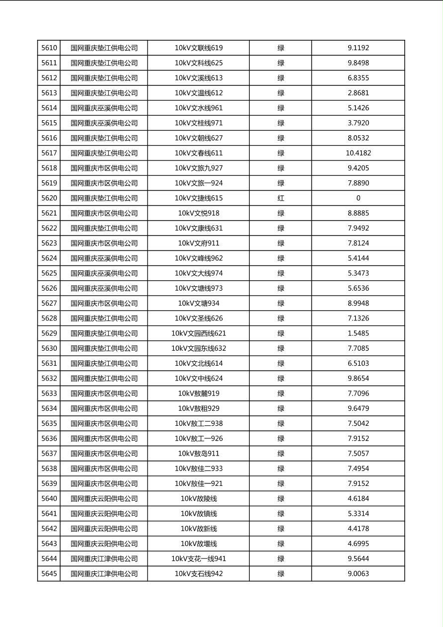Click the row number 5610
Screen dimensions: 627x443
pyautogui.click(x=49, y=48)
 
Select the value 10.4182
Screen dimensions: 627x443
pyautogui.click(x=358, y=153)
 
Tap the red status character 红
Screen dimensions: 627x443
pyautogui.click(x=281, y=198)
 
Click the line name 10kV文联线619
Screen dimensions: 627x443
pyautogui.click(x=199, y=48)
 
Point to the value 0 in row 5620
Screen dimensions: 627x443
pyautogui.click(x=358, y=198)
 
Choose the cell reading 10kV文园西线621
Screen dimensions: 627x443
pyautogui.click(x=199, y=333)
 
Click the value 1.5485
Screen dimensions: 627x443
pyautogui.click(x=358, y=333)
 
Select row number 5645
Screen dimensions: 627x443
pyautogui.click(x=49, y=574)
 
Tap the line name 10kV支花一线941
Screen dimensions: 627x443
pyautogui.click(x=199, y=559)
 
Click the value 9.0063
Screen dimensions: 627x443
pyautogui.click(x=358, y=574)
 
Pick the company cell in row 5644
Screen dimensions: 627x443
pyautogui.click(x=104, y=559)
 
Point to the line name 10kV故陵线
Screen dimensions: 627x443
pyautogui.click(x=199, y=499)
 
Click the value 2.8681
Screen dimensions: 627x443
pyautogui.click(x=358, y=93)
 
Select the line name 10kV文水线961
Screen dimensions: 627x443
pyautogui.click(x=199, y=108)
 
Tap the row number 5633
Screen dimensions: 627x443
pyautogui.click(x=49, y=393)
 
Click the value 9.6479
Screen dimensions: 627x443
pyautogui.click(x=358, y=408)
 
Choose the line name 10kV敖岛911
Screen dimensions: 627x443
pyautogui.click(x=199, y=454)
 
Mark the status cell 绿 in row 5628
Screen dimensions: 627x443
pyautogui.click(x=281, y=318)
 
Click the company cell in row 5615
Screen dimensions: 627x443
pyautogui.click(x=104, y=123)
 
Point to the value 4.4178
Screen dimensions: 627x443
pyautogui.click(x=358, y=529)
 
